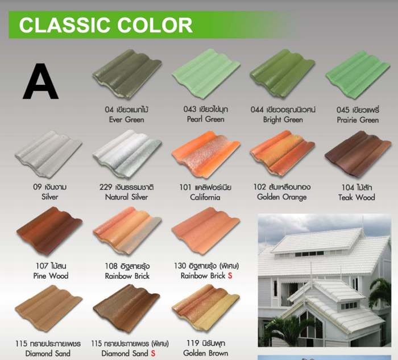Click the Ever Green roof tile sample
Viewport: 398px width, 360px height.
[x=127, y=73]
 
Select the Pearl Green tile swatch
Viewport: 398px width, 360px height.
[x=206, y=73]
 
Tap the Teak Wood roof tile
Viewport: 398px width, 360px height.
[x=358, y=154]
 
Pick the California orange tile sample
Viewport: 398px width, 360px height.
[x=206, y=154]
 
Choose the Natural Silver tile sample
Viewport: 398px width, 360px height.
[x=127, y=154]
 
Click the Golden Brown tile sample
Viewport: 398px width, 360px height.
[x=206, y=308]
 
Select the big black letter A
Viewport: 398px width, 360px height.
[x=40, y=81]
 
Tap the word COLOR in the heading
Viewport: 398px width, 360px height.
[x=155, y=25]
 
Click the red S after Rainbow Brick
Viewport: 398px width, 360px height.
[x=230, y=276]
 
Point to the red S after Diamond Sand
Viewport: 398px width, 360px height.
[x=153, y=353]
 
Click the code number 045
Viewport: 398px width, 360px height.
[x=343, y=110]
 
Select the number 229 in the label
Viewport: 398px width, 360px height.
[x=106, y=187]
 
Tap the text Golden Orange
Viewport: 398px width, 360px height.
[x=282, y=197]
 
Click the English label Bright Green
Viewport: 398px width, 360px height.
[x=283, y=119]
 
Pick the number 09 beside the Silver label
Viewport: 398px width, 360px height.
[x=37, y=187]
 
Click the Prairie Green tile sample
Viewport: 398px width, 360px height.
[x=358, y=74]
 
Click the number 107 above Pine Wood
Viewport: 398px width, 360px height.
[x=42, y=266]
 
